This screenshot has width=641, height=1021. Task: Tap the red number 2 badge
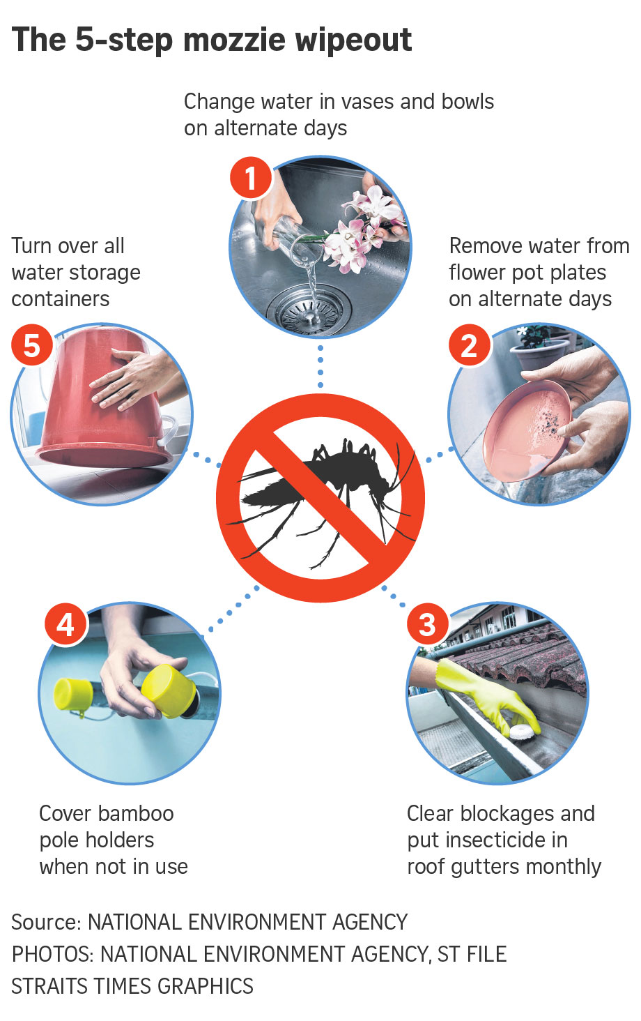tap(470, 345)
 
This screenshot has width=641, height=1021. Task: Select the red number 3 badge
tap(427, 623)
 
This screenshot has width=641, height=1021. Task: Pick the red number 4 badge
tap(65, 623)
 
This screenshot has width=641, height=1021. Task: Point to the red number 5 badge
tap(32, 345)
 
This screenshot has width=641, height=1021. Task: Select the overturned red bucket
tap(102, 401)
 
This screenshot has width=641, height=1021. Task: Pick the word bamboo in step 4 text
tap(136, 813)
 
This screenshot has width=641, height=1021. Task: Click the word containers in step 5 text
tap(61, 299)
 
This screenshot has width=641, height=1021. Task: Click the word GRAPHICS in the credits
tap(205, 985)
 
